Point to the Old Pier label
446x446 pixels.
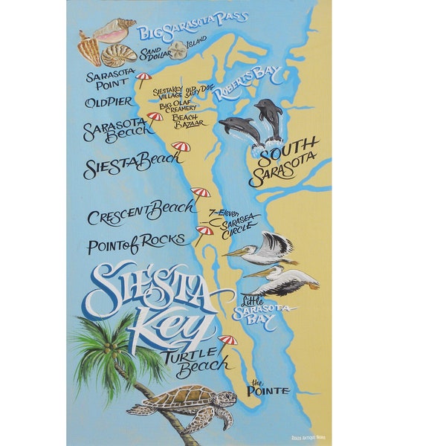click(x=109, y=102)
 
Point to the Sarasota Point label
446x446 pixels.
click(x=109, y=80)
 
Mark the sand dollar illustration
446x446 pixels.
click(x=177, y=51)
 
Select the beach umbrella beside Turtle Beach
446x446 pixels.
click(x=227, y=342)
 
